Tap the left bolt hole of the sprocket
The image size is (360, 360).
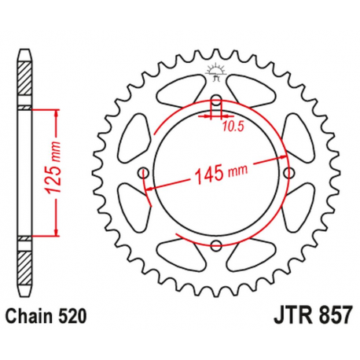(x=142, y=173)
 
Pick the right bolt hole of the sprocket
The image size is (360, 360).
(x=288, y=173)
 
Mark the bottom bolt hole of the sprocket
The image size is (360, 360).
(x=215, y=245)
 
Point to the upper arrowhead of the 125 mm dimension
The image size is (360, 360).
(x=57, y=112)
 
